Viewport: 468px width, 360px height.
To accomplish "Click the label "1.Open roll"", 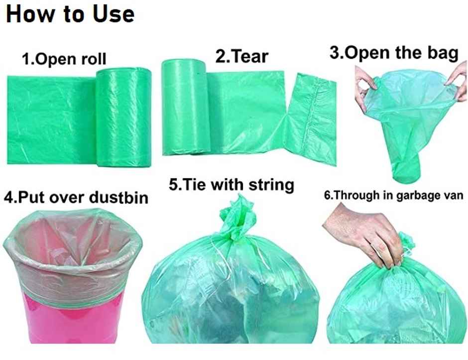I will [64, 60].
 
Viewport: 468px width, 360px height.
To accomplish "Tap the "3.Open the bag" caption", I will [394, 53].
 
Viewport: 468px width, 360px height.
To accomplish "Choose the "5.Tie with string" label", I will [232, 185].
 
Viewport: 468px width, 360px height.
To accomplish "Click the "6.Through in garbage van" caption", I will [394, 196].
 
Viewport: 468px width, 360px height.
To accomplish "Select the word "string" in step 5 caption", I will [271, 185].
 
